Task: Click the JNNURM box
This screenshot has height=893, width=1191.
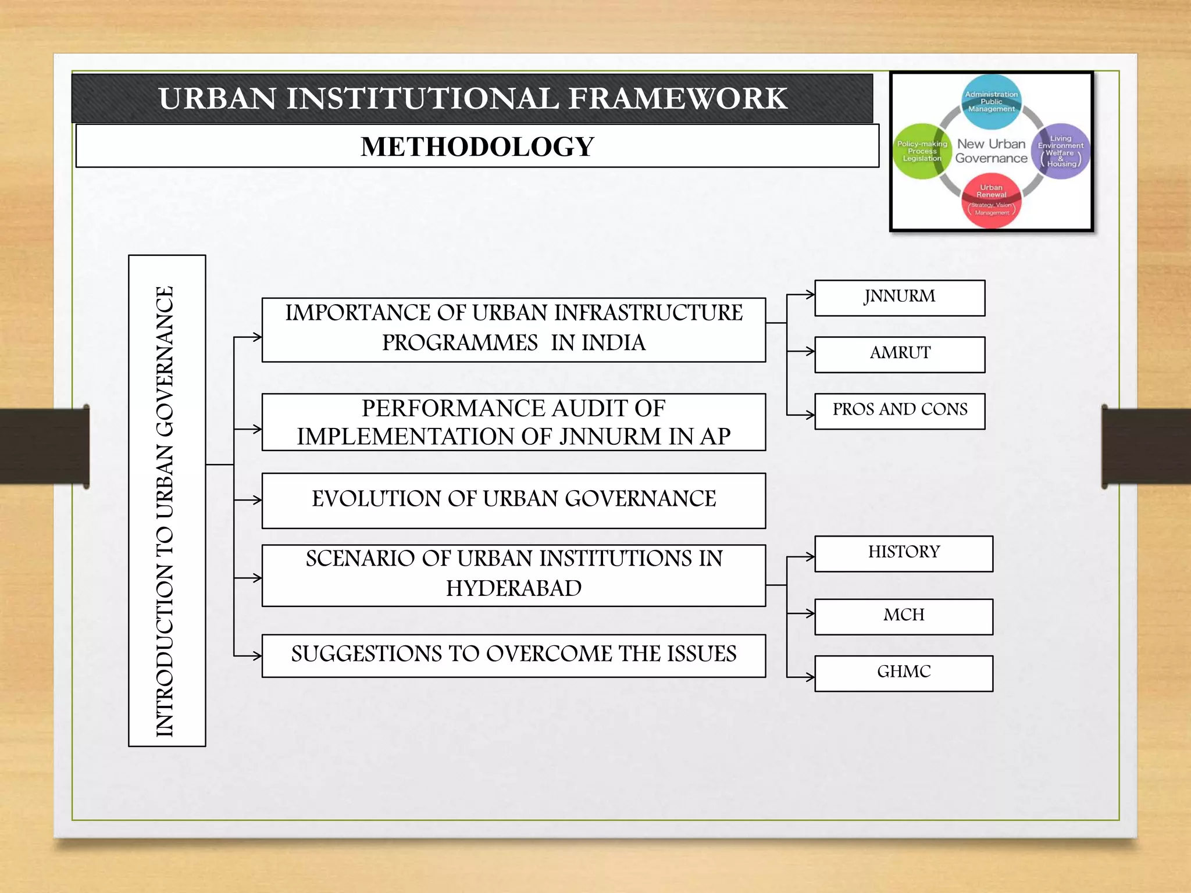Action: pyautogui.click(x=899, y=298)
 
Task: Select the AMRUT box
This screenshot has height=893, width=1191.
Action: pyautogui.click(x=899, y=354)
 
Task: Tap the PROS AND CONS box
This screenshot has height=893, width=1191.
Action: pyautogui.click(x=899, y=411)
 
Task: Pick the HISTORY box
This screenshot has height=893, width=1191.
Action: pyautogui.click(x=903, y=553)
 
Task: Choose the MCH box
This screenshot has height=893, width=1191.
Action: pyautogui.click(x=903, y=616)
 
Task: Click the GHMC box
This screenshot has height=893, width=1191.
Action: pyautogui.click(x=903, y=673)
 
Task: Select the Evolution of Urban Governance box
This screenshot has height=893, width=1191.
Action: pyautogui.click(x=514, y=500)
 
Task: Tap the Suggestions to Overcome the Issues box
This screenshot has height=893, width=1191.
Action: pyautogui.click(x=514, y=655)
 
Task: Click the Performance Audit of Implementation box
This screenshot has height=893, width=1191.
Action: pyautogui.click(x=514, y=422)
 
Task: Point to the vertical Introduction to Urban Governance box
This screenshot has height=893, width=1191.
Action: pyautogui.click(x=167, y=500)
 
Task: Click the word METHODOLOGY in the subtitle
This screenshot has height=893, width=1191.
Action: pyautogui.click(x=477, y=147)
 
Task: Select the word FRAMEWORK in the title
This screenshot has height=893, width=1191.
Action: pyautogui.click(x=677, y=98)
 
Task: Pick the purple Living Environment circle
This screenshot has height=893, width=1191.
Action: pyautogui.click(x=1061, y=151)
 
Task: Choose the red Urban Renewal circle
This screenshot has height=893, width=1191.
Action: pyautogui.click(x=991, y=201)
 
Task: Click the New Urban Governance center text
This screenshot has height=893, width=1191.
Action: pyautogui.click(x=991, y=151)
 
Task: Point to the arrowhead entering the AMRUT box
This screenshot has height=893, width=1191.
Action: pyautogui.click(x=810, y=351)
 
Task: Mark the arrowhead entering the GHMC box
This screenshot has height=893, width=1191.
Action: pyautogui.click(x=810, y=677)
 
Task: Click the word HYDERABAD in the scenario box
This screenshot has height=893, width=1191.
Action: pyautogui.click(x=514, y=588)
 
